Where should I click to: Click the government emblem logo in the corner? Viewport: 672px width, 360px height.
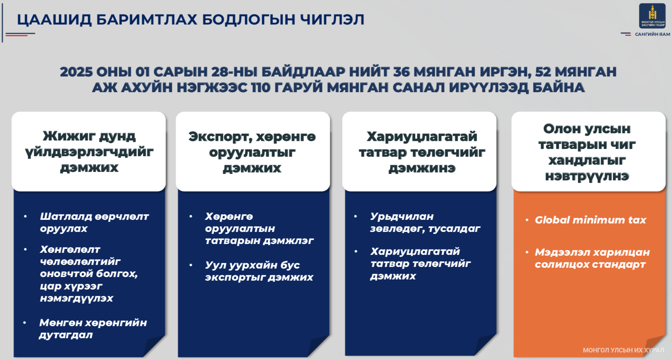tap(652, 16)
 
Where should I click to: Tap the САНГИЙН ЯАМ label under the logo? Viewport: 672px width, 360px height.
tap(653, 34)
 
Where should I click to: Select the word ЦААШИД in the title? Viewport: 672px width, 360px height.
tap(54, 20)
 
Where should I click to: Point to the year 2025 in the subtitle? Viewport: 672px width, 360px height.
tap(76, 72)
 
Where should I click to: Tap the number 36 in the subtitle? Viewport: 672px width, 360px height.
tap(401, 72)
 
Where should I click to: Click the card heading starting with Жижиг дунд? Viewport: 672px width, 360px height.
tap(89, 152)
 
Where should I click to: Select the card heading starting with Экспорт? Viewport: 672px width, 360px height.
tap(252, 152)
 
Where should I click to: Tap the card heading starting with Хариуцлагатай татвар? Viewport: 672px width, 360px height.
tap(422, 152)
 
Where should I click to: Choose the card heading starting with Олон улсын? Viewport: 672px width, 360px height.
tap(587, 152)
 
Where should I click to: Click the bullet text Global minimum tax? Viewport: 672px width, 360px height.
tap(590, 220)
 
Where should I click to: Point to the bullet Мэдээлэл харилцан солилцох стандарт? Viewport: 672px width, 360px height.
tap(592, 258)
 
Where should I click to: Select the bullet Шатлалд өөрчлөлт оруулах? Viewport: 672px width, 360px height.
tap(94, 222)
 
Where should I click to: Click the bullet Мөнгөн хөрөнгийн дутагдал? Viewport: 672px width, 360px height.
tap(93, 329)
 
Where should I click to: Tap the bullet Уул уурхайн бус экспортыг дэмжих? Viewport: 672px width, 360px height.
tap(259, 271)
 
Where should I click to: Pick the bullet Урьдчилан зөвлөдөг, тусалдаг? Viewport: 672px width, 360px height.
tap(425, 222)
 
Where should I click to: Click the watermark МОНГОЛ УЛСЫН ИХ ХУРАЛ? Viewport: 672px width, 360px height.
tap(623, 350)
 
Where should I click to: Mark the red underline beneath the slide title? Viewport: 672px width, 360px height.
tap(17, 35)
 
